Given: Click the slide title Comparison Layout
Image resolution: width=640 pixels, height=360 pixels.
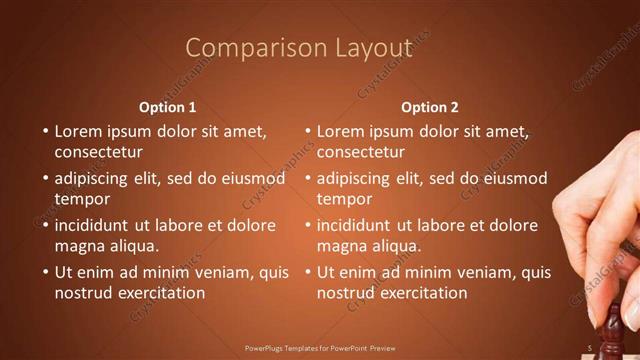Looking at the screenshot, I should click(x=299, y=48).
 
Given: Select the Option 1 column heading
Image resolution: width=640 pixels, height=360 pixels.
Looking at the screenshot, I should click(x=167, y=107).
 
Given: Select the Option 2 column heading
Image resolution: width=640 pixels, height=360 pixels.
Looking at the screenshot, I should click(x=430, y=107).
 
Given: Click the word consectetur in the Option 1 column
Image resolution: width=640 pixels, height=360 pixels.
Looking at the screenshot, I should click(x=98, y=153).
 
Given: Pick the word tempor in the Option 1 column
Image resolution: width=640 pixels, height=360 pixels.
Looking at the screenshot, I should click(x=82, y=199).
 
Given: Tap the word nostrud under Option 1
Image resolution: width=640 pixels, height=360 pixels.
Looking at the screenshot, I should click(x=83, y=293).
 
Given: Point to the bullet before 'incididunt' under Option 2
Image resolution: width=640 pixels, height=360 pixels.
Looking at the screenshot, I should click(x=308, y=225).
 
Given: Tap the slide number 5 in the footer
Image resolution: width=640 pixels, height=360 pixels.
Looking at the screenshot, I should click(x=590, y=348).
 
